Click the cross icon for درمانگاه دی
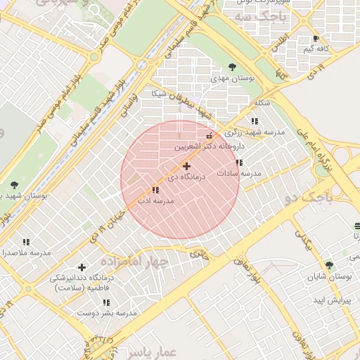point(186,166)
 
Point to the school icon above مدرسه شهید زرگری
point(255,121)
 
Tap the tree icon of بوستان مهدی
point(232,67)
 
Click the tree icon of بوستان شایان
point(329,265)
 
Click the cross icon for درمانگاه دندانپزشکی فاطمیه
point(82,267)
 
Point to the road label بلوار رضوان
point(245,271)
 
